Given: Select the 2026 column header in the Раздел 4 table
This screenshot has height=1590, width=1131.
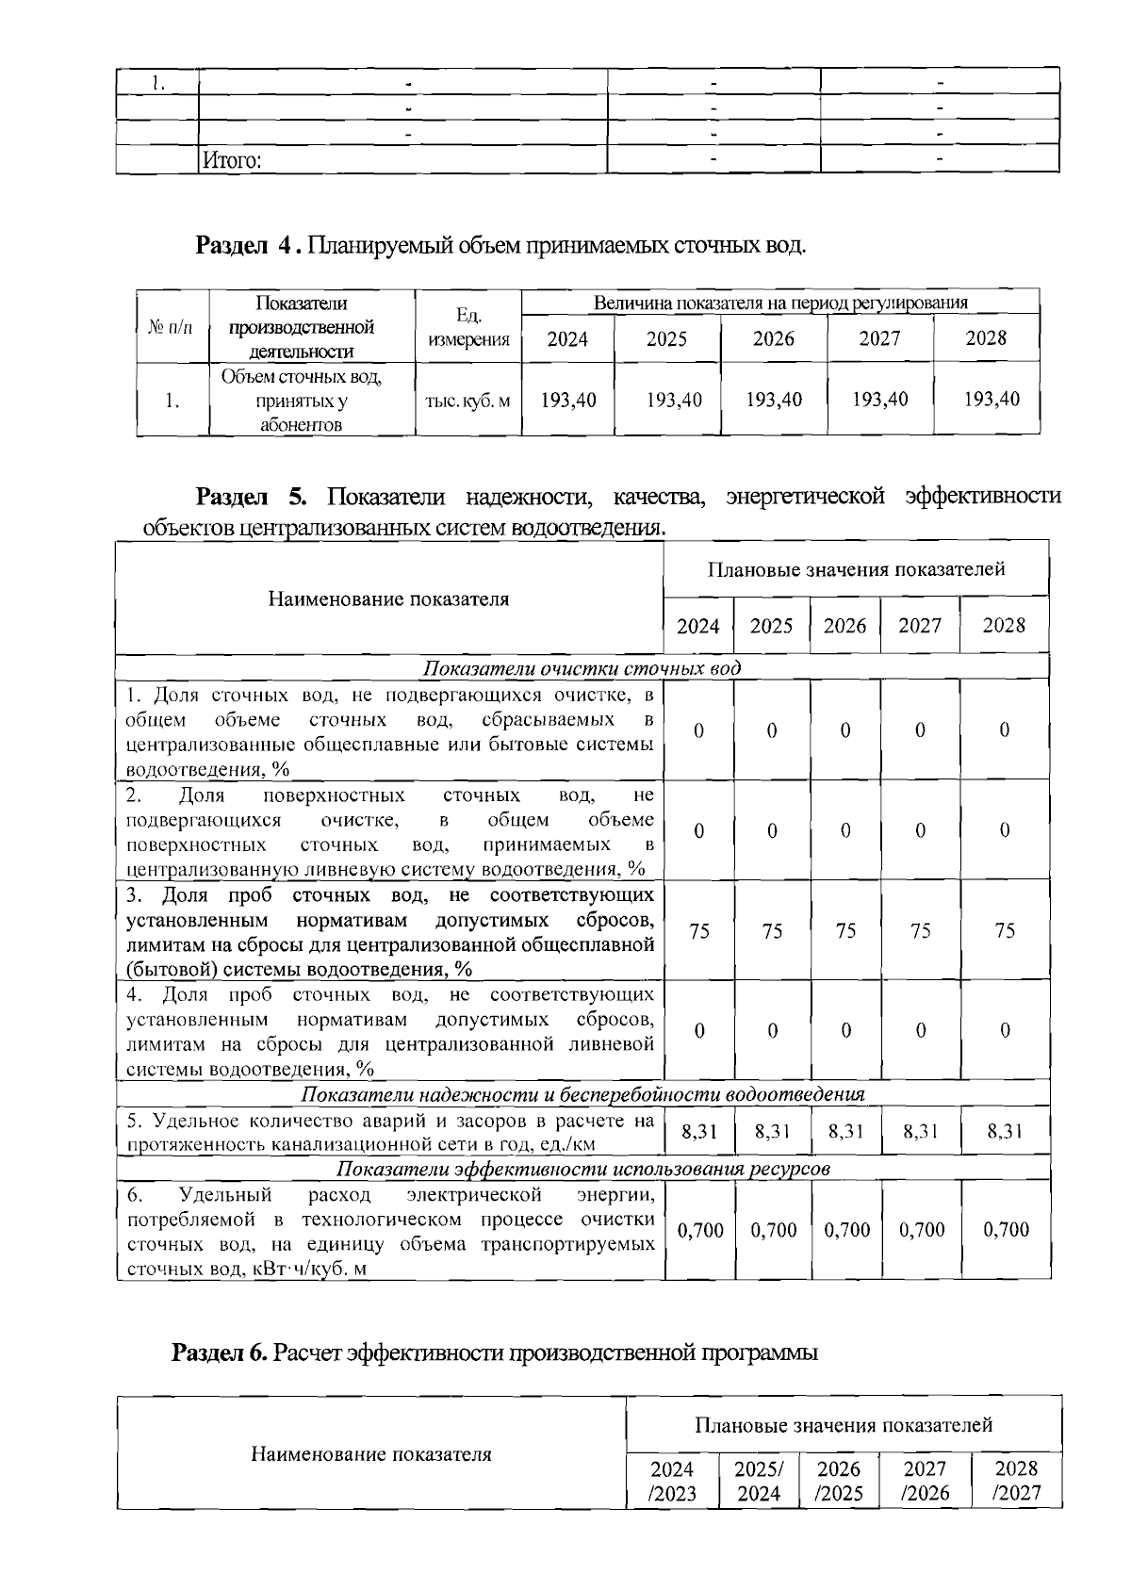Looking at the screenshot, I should [x=773, y=339].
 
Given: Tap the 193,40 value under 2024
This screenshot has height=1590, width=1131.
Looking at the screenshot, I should [x=568, y=400].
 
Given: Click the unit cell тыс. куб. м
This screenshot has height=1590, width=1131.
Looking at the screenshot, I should [x=468, y=401].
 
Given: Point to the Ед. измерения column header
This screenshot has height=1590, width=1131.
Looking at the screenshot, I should [x=468, y=326].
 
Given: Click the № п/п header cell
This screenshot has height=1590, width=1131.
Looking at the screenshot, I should [x=171, y=327].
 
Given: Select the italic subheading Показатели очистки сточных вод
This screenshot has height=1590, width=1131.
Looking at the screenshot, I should [x=582, y=668].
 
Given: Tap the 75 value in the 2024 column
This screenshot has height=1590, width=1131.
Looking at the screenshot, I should [x=699, y=931].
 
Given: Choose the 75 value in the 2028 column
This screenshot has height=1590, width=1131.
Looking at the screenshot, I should [x=1005, y=931].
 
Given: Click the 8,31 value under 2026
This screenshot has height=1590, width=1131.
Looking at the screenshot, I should [x=845, y=1132].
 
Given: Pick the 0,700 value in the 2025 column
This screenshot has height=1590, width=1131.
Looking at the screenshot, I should [x=773, y=1230].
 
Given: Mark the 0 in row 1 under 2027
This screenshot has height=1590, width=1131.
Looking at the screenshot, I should [x=920, y=730].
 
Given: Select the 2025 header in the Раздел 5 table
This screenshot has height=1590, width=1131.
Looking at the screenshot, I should [x=771, y=626].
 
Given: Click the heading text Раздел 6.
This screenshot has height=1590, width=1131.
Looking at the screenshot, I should [x=221, y=1353].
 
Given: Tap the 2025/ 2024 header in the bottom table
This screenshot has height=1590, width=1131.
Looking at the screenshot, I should [x=759, y=1481].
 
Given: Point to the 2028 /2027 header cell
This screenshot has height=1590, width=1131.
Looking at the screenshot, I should [x=1016, y=1481].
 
